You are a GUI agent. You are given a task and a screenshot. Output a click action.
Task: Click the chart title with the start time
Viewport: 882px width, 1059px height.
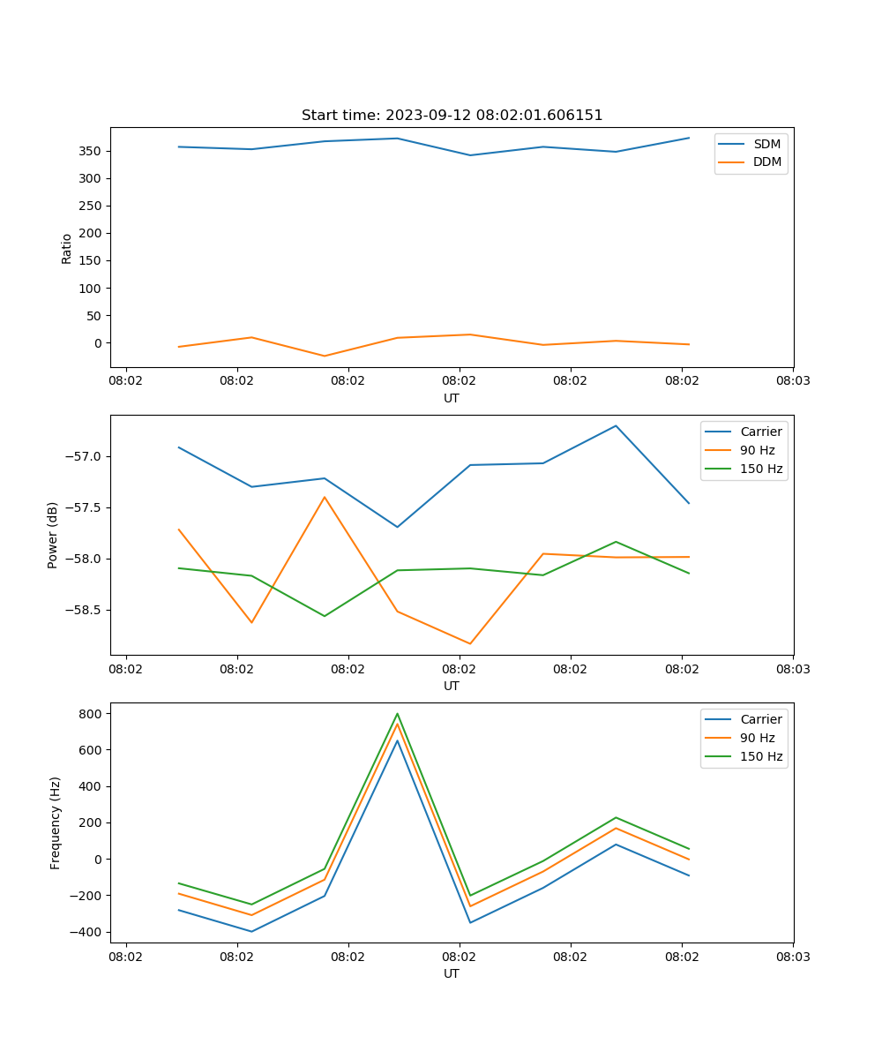(452, 116)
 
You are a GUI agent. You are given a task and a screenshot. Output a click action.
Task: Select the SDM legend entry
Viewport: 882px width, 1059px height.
(766, 143)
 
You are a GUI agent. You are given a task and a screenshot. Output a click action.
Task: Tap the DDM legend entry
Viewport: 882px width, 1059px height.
(766, 161)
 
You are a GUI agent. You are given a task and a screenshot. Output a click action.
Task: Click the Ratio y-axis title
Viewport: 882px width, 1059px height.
(66, 248)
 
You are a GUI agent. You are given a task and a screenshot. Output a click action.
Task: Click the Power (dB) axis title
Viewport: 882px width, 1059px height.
(53, 535)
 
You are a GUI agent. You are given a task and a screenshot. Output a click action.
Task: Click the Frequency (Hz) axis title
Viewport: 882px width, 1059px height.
(55, 822)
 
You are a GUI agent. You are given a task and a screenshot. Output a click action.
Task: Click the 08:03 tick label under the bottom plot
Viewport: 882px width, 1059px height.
(792, 957)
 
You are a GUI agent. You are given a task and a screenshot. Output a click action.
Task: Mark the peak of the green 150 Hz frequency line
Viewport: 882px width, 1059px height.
(397, 714)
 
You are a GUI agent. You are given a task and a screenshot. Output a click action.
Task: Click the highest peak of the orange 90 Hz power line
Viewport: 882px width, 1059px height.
(325, 497)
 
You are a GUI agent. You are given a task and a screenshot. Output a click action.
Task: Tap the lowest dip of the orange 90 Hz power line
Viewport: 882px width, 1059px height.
(470, 643)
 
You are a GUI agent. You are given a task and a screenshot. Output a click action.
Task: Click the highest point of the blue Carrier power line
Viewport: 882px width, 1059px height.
(616, 425)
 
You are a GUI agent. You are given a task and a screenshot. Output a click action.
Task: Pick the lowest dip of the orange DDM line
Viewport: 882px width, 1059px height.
(325, 356)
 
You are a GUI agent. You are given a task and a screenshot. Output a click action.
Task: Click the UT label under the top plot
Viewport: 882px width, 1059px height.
(452, 398)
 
